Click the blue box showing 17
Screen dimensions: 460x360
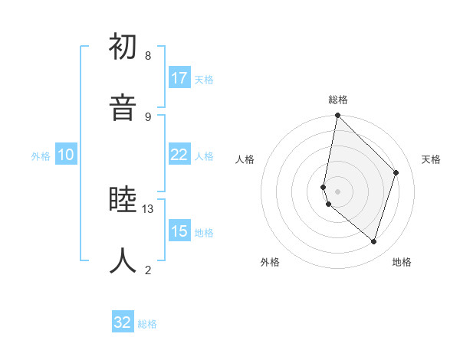coord(179,78)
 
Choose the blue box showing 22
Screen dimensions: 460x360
coord(179,155)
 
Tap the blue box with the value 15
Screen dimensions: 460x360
coord(179,231)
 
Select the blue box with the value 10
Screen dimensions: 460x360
coord(66,155)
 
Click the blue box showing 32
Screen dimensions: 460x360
coord(123,322)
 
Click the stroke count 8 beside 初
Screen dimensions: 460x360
coord(148,56)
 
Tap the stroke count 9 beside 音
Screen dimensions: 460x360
coord(148,116)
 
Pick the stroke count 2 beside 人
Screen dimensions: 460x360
coord(148,270)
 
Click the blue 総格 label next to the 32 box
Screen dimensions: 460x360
coord(147,324)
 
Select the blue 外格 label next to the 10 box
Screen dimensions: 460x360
coord(41,156)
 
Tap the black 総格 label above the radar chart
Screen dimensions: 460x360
coord(338,100)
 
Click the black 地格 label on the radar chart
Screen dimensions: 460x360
coord(402,263)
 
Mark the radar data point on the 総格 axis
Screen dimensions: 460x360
coord(337,115)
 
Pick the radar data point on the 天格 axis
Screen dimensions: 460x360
coord(396,172)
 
